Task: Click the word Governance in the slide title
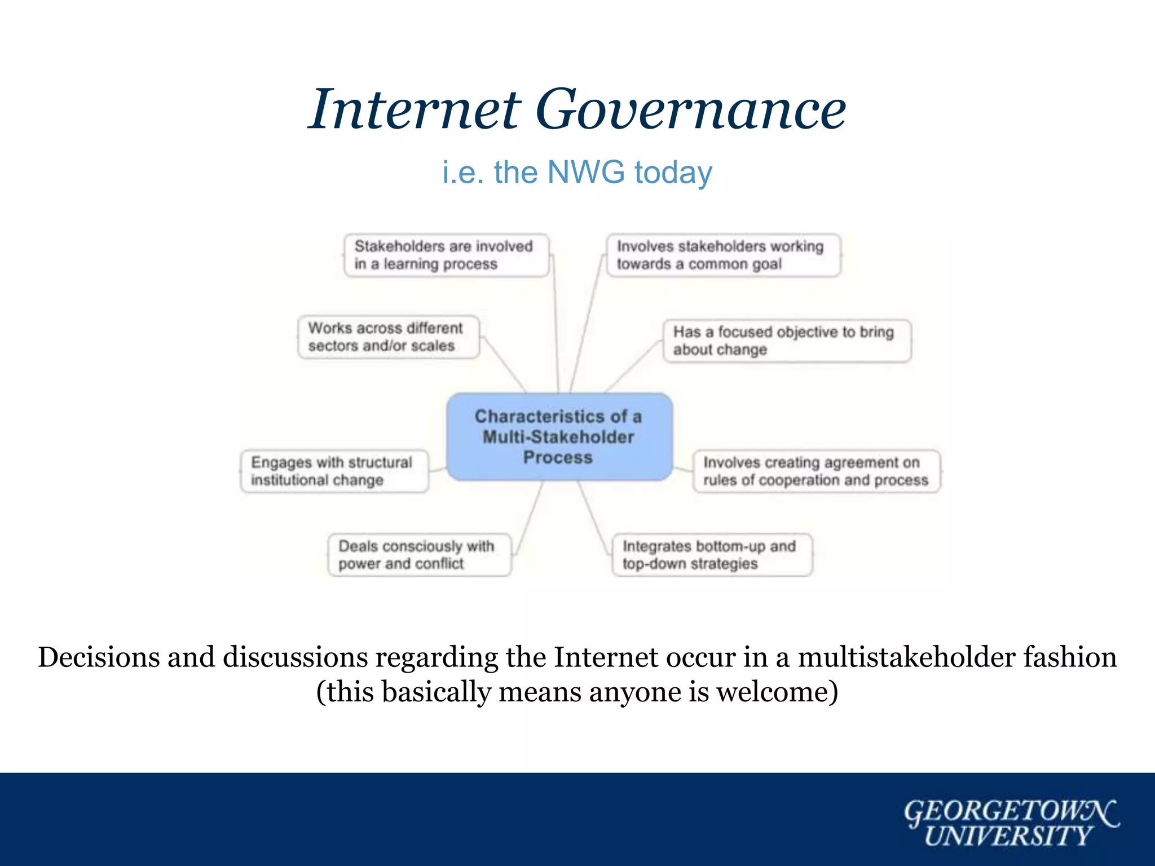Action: pyautogui.click(x=690, y=110)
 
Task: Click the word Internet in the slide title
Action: pyautogui.click(x=415, y=110)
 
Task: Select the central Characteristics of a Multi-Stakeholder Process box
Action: pyautogui.click(x=559, y=437)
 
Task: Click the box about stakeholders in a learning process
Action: pyautogui.click(x=446, y=255)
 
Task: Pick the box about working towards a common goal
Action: pyautogui.click(x=723, y=255)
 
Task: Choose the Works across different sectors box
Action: pyautogui.click(x=389, y=337)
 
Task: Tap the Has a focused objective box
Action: pyautogui.click(x=787, y=341)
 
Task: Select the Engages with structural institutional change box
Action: pyautogui.click(x=334, y=471)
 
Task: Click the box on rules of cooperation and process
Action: pyautogui.click(x=816, y=471)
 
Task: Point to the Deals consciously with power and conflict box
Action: pyautogui.click(x=420, y=555)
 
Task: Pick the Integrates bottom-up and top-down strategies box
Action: pyautogui.click(x=712, y=555)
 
